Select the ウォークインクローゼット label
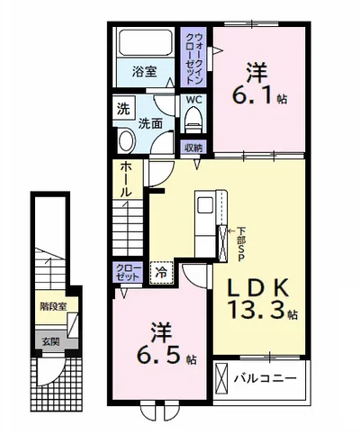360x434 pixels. pyautogui.click(x=194, y=59)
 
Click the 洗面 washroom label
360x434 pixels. pyautogui.click(x=150, y=124)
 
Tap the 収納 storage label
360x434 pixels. pyautogui.click(x=194, y=147)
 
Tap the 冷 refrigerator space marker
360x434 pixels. pyautogui.click(x=161, y=271)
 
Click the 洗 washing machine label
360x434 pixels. pyautogui.click(x=121, y=111)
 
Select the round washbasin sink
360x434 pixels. pyautogui.click(x=125, y=139)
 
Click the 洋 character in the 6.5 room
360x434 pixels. pyautogui.click(x=160, y=330)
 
